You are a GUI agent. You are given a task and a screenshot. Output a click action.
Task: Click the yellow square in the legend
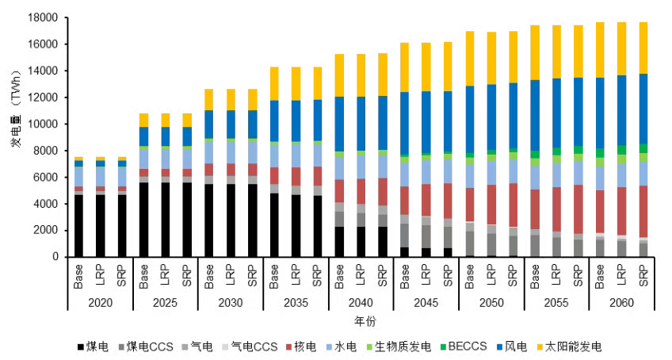pyautogui.click(x=540, y=347)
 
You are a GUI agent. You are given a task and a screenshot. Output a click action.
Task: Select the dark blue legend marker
pyautogui.click(x=499, y=347)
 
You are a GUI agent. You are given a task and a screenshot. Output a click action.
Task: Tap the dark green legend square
pyautogui.click(x=443, y=347)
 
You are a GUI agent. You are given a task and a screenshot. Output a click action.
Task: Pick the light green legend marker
pyautogui.click(x=369, y=347)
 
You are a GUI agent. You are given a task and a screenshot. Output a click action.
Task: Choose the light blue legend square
pyautogui.click(x=329, y=347)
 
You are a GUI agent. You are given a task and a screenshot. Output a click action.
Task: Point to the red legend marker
pyautogui.click(x=288, y=347)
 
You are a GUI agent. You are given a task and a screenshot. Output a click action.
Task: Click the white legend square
pyautogui.click(x=225, y=347)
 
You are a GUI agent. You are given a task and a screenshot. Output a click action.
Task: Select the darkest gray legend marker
pyautogui.click(x=121, y=347)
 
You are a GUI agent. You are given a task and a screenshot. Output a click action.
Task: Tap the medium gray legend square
pyautogui.click(x=185, y=347)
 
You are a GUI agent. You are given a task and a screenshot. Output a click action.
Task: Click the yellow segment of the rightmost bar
pyautogui.click(x=643, y=48)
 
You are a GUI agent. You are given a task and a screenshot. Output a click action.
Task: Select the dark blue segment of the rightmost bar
pyautogui.click(x=643, y=109)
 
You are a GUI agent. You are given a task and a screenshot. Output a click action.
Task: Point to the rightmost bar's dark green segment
pyautogui.click(x=643, y=148)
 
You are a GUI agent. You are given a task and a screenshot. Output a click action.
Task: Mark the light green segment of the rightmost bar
pyautogui.click(x=643, y=158)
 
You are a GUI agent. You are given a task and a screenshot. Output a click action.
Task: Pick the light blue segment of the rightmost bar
pyautogui.click(x=643, y=174)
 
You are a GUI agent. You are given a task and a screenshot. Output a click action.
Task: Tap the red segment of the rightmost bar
pyautogui.click(x=643, y=211)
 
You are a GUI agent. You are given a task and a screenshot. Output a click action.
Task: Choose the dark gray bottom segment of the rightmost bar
pyautogui.click(x=643, y=249)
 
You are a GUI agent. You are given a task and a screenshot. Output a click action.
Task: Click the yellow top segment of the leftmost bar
pyautogui.click(x=78, y=159)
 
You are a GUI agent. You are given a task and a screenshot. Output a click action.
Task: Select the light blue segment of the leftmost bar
pyautogui.click(x=78, y=176)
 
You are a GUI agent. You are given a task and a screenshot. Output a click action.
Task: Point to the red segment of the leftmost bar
pyautogui.click(x=78, y=189)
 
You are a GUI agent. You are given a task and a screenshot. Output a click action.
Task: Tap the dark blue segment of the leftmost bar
pyautogui.click(x=78, y=163)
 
